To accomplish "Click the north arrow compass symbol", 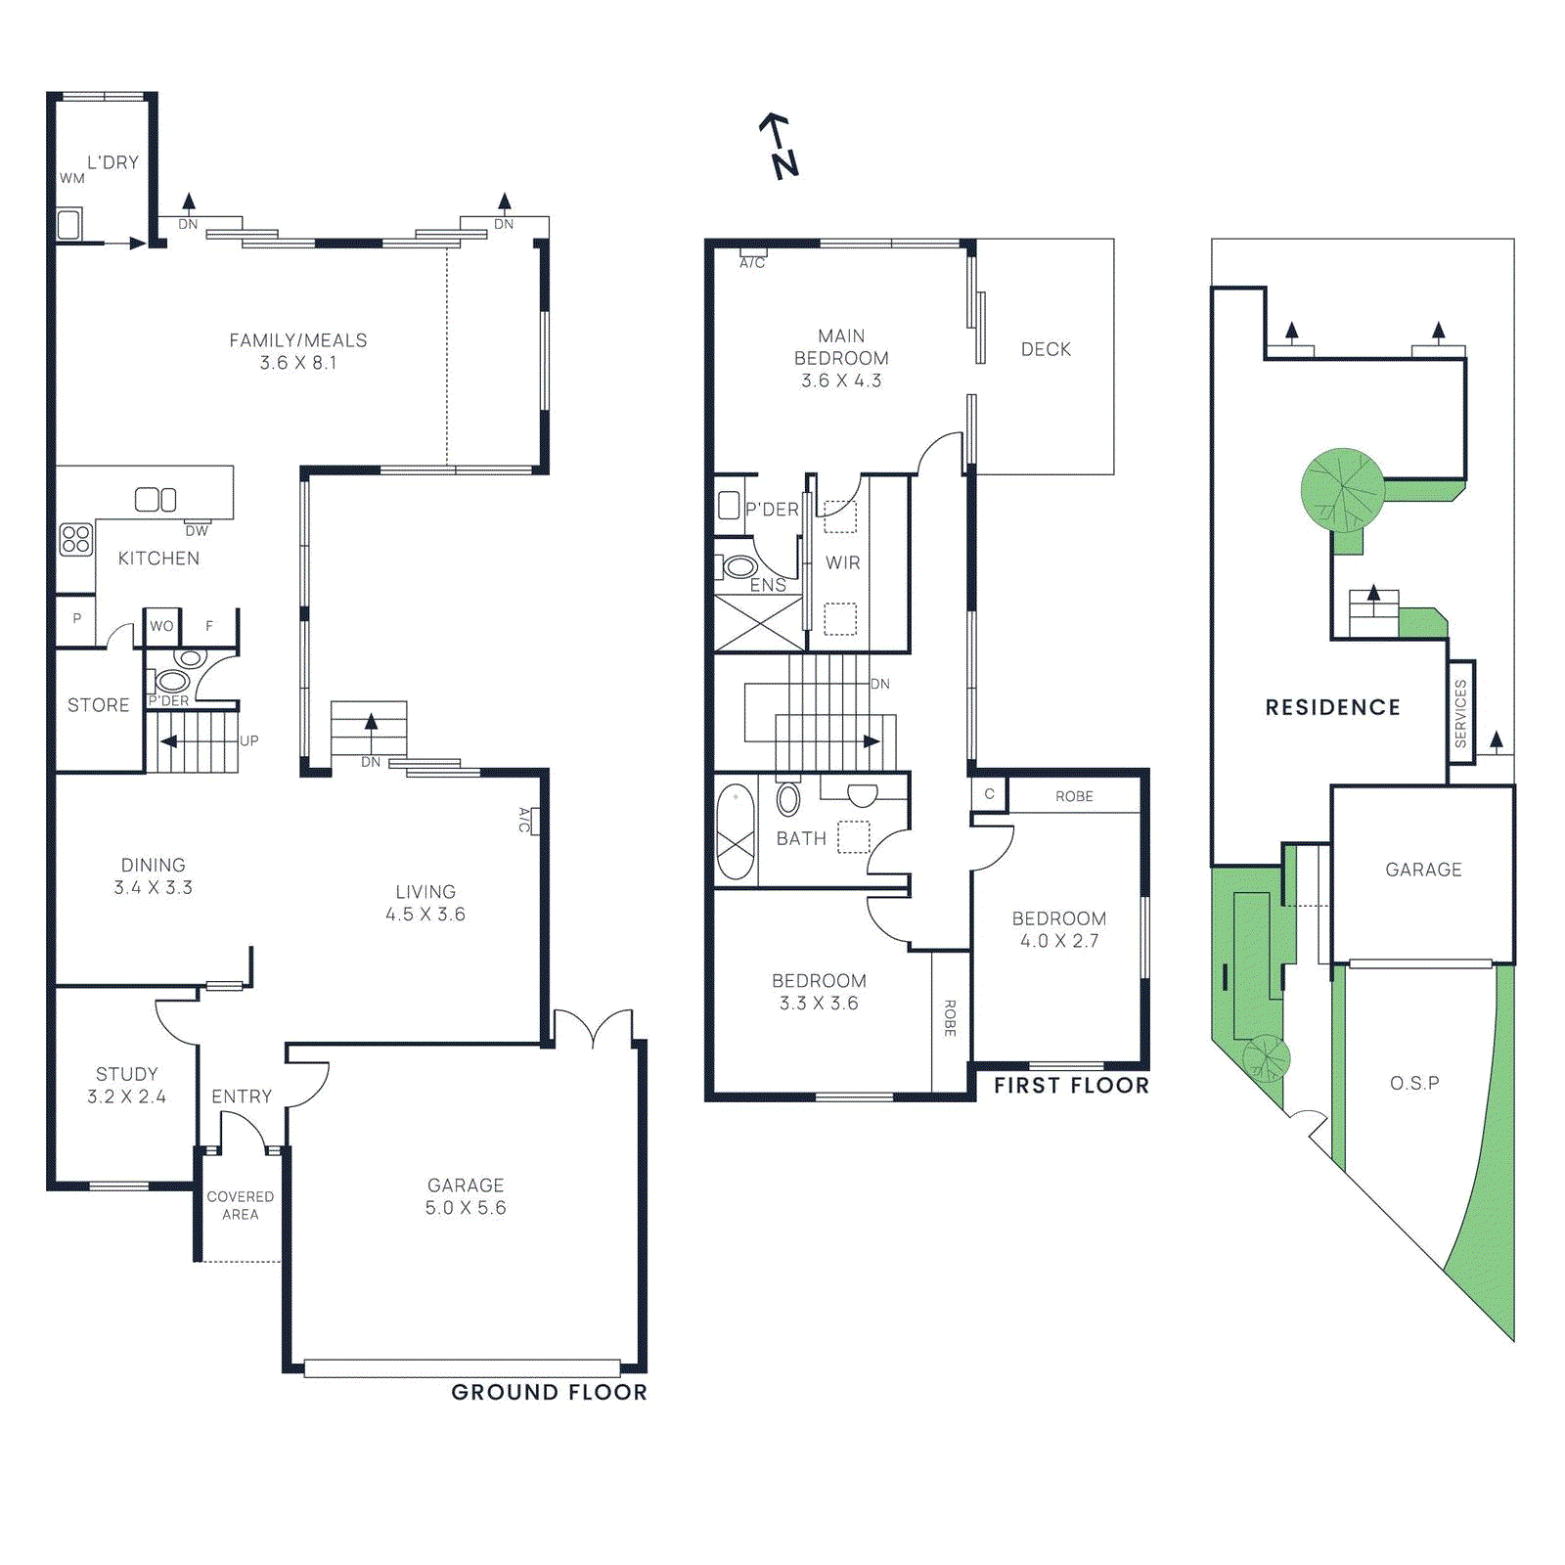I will coord(780,147).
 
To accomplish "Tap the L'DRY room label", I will coord(112,162).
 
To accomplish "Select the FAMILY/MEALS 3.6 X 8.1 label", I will coord(298,351).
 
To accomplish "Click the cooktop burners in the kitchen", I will coord(75,539).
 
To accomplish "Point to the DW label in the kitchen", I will coord(197,531).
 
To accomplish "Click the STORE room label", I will coord(98,705).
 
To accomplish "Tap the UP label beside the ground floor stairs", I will coord(249,740).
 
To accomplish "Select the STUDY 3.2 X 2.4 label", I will coord(126,1085).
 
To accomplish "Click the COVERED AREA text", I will coord(240,1205).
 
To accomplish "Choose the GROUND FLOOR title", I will coord(549,1392).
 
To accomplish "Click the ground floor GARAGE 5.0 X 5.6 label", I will coord(466,1196).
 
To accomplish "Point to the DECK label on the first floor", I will coord(1046,349).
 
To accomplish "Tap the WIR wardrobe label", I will coord(842,562).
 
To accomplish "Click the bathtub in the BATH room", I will coord(736,831).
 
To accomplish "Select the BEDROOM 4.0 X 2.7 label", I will coord(1059,929).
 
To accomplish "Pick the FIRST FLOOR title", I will coord(1071,1085).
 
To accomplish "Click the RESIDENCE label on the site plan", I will coord(1332,707).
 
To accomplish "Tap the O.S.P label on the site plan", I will coord(1414,1083).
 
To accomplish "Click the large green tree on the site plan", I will coord(1343,490).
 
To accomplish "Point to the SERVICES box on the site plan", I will coord(1460,713).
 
